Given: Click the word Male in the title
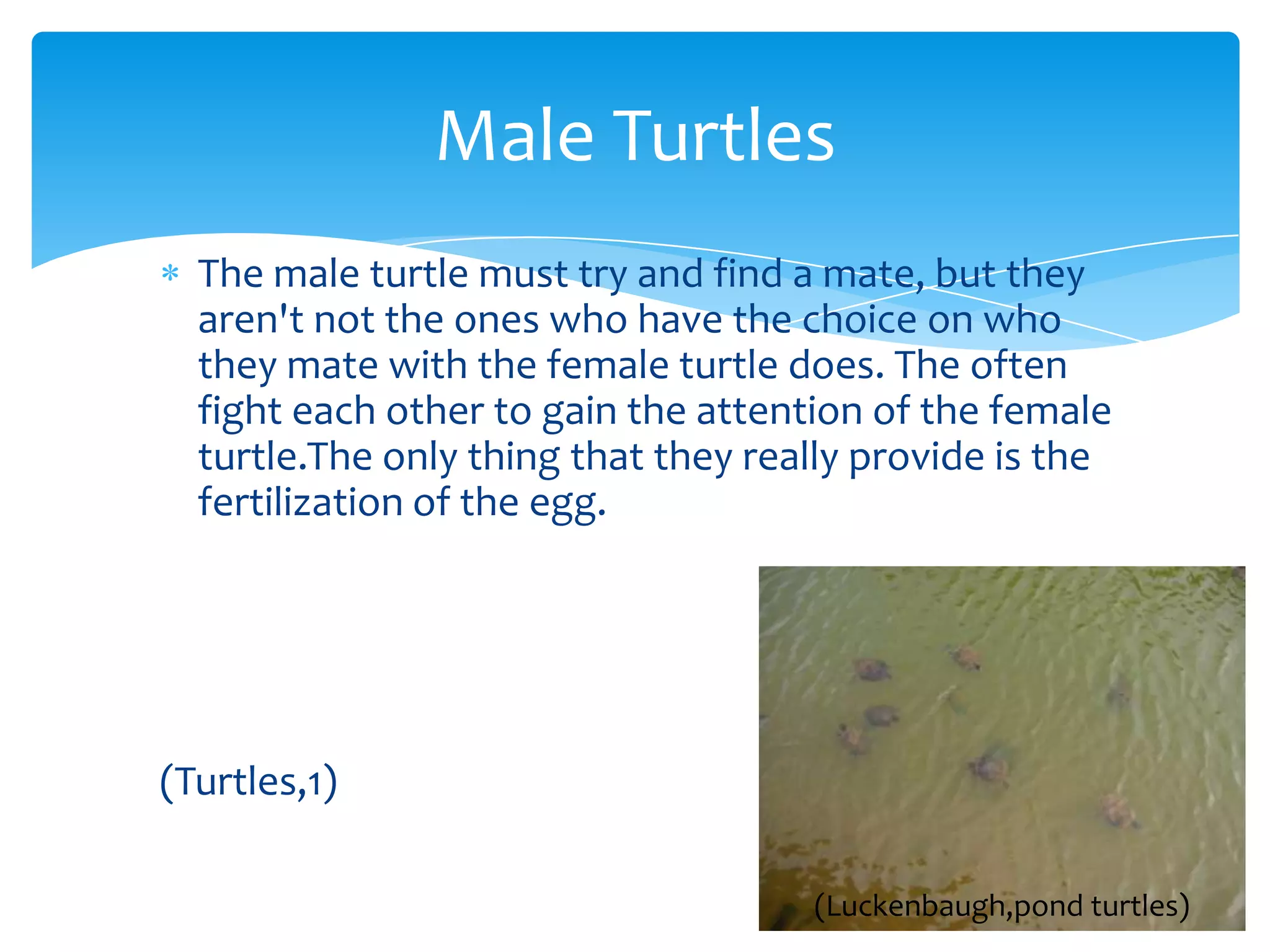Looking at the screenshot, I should (515, 136).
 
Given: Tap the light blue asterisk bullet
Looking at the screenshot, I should (170, 273).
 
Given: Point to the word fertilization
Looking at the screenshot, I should (300, 502).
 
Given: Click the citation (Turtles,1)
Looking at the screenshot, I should (249, 782).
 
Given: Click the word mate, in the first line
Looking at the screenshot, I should (874, 274).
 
